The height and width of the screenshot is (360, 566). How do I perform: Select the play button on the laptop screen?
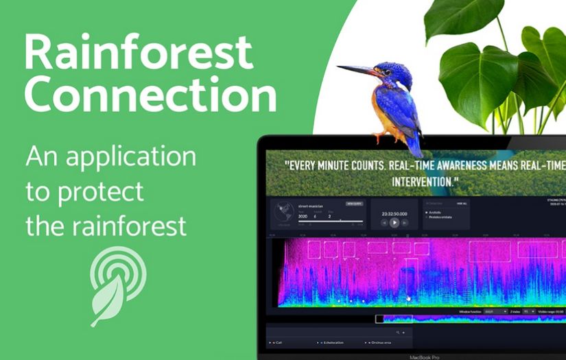click(394, 222)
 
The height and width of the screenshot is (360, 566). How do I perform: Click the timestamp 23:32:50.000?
click(394, 213)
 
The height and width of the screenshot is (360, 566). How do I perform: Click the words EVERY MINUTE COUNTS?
click(347, 165)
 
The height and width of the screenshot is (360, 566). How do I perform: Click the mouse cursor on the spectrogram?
click(409, 298)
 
